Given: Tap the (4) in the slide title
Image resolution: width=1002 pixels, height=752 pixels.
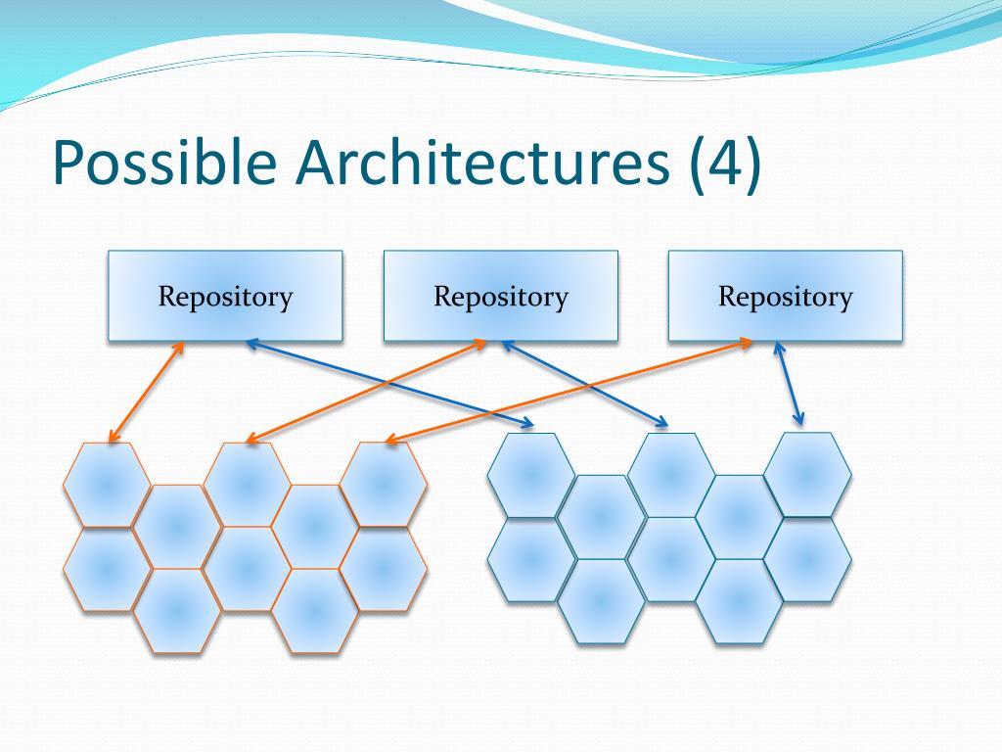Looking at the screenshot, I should coord(725,164).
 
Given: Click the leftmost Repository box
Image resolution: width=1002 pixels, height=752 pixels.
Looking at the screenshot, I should coord(225,296).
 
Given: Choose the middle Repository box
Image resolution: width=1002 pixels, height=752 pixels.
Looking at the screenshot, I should coord(501,296).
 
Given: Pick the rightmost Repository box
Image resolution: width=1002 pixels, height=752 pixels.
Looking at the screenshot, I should coord(786,296).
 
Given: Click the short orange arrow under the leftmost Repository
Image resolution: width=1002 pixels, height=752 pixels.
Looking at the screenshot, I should coord(146,392).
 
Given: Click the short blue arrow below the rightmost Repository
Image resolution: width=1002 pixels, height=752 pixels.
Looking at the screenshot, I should coord(790,383).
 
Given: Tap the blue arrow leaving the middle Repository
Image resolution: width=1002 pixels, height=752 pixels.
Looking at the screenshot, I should coord(584,384).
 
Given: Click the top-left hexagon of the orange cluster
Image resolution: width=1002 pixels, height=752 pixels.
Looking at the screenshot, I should coord(107,485).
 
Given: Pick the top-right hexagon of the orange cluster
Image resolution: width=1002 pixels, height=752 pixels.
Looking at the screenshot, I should coord(384,485).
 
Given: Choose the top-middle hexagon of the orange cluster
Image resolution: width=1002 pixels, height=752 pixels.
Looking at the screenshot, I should coord(246,485).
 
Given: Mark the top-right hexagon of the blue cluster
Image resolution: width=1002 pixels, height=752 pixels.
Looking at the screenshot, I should coord(807,474).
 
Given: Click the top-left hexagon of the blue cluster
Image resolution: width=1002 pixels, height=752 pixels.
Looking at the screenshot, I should coord(530,475).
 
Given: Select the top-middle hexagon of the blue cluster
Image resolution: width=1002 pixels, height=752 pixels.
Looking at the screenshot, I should coord(670,475).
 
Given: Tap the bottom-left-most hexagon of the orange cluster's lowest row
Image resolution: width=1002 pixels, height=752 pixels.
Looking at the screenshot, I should coord(176,611).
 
